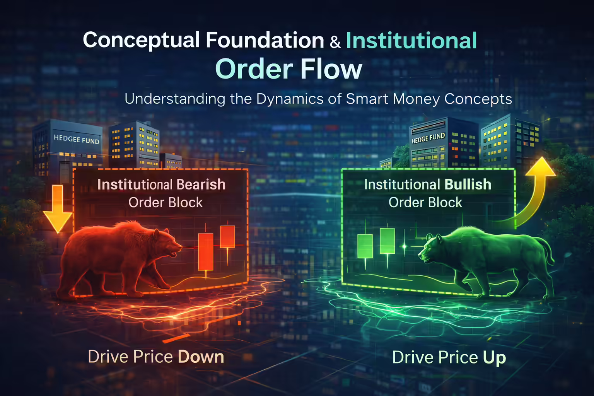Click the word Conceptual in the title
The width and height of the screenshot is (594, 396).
point(141,40)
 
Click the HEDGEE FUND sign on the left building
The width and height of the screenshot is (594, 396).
point(76,139)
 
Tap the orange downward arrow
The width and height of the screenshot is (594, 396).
point(58,209)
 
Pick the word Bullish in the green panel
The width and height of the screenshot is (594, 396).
point(468,184)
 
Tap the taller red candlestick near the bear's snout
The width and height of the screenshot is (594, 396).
point(205,251)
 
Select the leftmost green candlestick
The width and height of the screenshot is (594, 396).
point(365,246)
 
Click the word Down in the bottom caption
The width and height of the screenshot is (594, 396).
point(201,357)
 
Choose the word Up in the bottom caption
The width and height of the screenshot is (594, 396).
point(494,357)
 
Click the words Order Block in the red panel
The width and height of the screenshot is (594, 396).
point(166,203)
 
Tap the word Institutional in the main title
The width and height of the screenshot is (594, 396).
point(411,41)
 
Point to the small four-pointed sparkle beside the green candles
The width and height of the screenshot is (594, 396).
point(405,246)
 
